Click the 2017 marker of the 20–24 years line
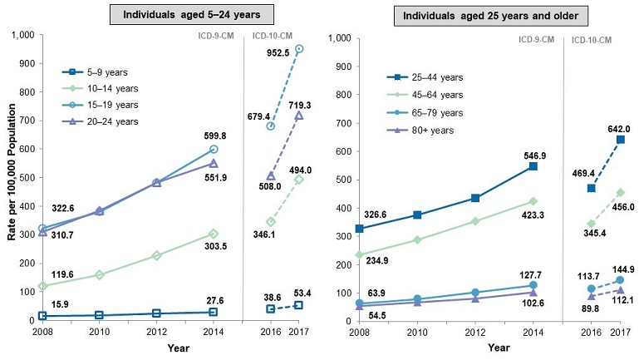299,115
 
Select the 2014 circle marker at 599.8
214,149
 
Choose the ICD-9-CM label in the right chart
537,39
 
